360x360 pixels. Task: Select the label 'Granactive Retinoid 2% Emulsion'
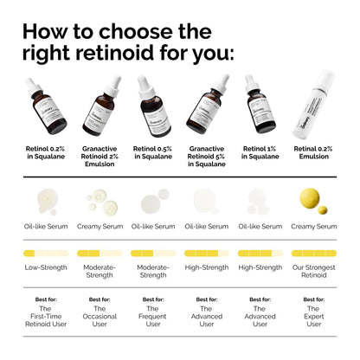(x=100, y=157)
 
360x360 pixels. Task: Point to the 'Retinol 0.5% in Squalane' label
(x=152, y=153)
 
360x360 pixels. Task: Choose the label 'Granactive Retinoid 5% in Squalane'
(x=206, y=157)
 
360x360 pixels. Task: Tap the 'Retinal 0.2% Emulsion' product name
(x=313, y=153)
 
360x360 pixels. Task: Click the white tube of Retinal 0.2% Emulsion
(x=316, y=106)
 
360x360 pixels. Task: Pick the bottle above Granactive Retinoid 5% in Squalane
(x=209, y=108)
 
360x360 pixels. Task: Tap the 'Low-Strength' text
(x=45, y=267)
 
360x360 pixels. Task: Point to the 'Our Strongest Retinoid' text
(x=314, y=272)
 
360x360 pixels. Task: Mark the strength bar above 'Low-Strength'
(x=45, y=254)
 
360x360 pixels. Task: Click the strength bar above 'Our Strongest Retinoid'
(x=314, y=254)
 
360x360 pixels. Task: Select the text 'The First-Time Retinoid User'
(x=45, y=316)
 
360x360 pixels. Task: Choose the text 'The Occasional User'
(x=99, y=316)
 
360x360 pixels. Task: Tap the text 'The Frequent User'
(x=152, y=316)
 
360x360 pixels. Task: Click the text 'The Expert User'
(x=314, y=316)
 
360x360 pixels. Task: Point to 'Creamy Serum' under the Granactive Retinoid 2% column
(x=99, y=226)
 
